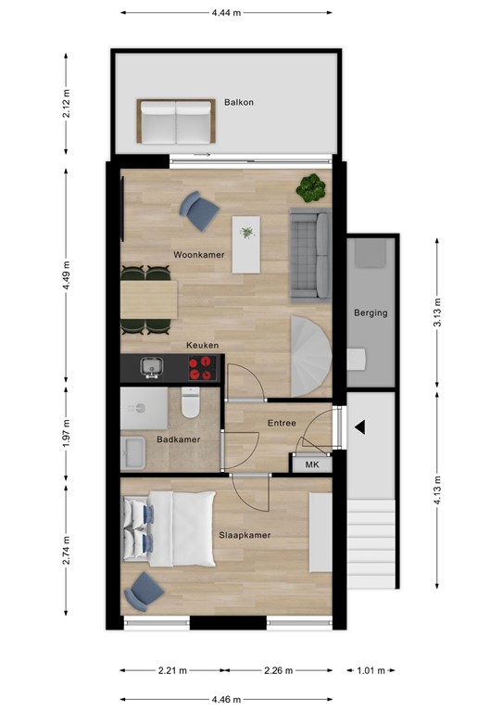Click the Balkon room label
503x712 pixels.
[239, 103]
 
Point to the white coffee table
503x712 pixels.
[245, 244]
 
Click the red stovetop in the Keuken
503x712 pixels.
[200, 369]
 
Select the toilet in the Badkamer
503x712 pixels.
[192, 404]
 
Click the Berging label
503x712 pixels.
[371, 313]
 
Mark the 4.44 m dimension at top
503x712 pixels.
[226, 13]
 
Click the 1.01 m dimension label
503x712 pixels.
[370, 670]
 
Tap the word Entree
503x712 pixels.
[282, 424]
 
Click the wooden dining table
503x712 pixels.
[148, 299]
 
